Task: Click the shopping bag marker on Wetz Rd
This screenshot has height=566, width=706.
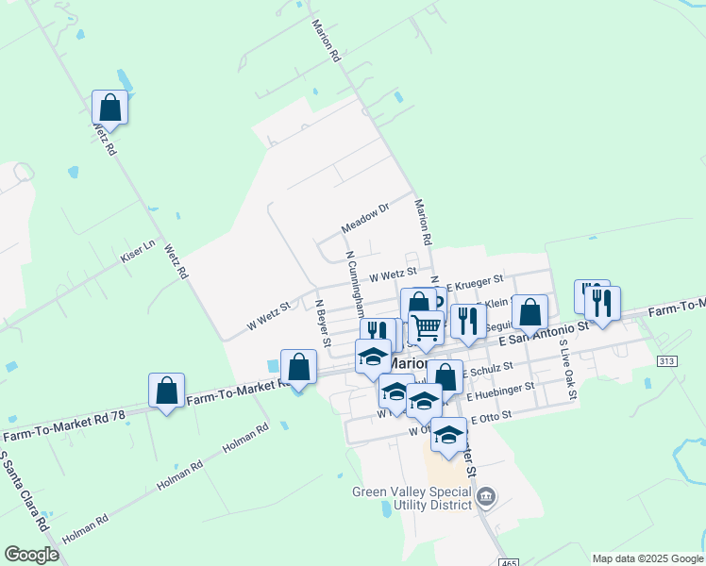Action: [110, 108]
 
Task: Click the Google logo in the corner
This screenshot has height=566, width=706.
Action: [31, 555]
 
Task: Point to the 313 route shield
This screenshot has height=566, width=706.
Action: [668, 361]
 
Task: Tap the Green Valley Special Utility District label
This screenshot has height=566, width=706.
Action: [412, 497]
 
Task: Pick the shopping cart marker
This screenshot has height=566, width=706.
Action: [427, 328]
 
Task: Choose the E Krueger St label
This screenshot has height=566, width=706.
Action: [475, 281]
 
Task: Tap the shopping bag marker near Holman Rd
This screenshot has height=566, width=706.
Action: [167, 391]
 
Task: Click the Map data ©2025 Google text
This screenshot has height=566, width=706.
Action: [647, 558]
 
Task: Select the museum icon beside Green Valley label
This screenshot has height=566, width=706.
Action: [486, 497]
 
